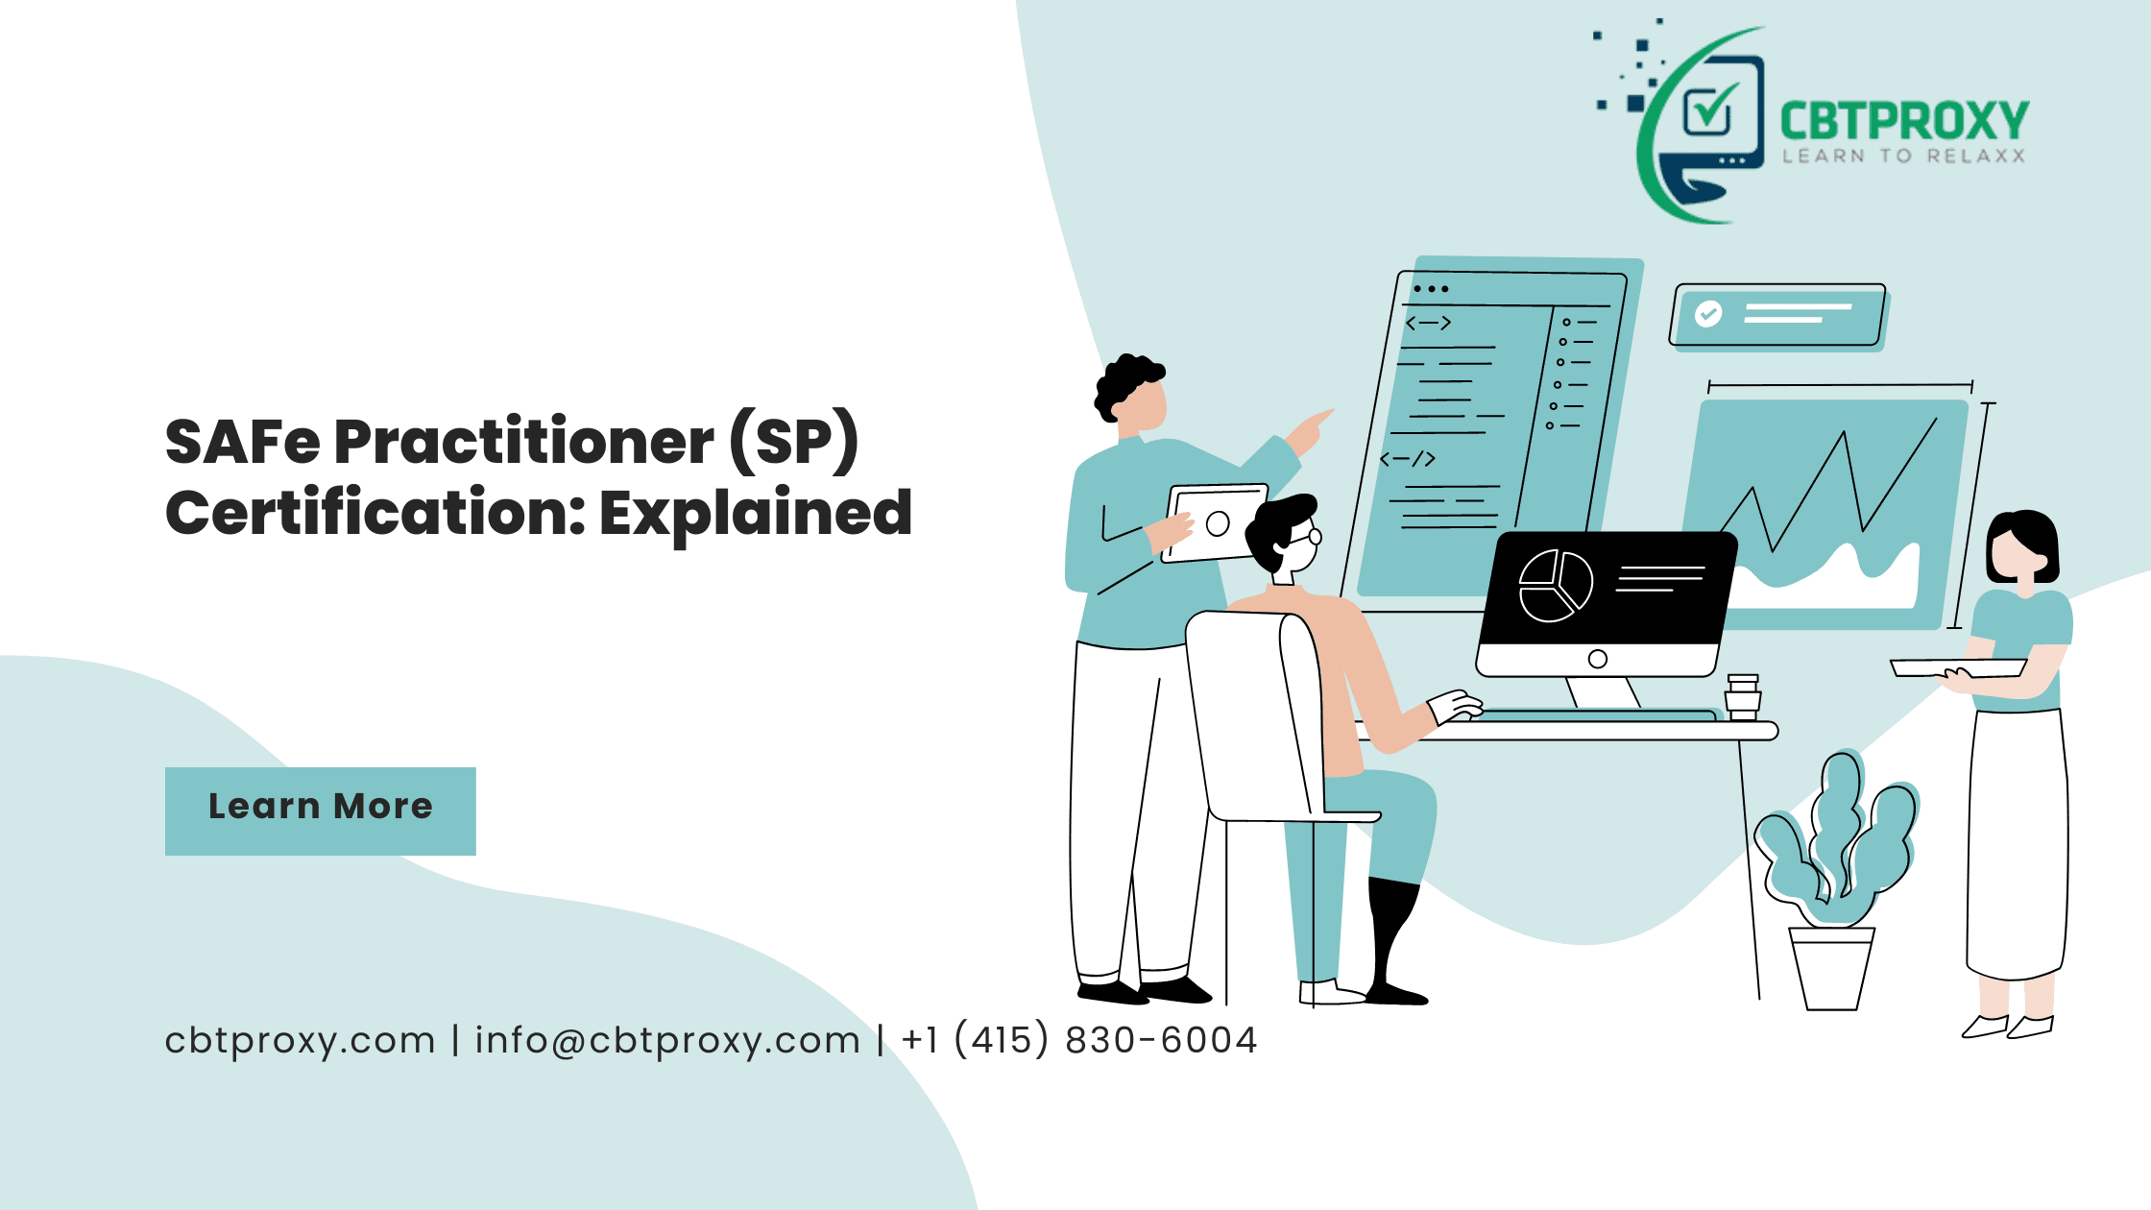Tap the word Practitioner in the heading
click(523, 443)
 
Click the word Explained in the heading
click(756, 514)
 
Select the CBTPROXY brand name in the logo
click(1903, 122)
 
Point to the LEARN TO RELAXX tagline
click(1903, 157)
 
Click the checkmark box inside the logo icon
click(1709, 110)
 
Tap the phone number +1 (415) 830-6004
click(1079, 1040)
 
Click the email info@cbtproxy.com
click(667, 1040)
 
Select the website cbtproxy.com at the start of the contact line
click(300, 1040)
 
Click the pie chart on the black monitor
click(1555, 586)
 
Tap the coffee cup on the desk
click(1742, 697)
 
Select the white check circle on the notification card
click(1708, 314)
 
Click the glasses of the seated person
click(1310, 535)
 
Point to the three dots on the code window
click(1431, 288)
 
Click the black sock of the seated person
click(1391, 936)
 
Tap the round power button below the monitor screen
click(1598, 659)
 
